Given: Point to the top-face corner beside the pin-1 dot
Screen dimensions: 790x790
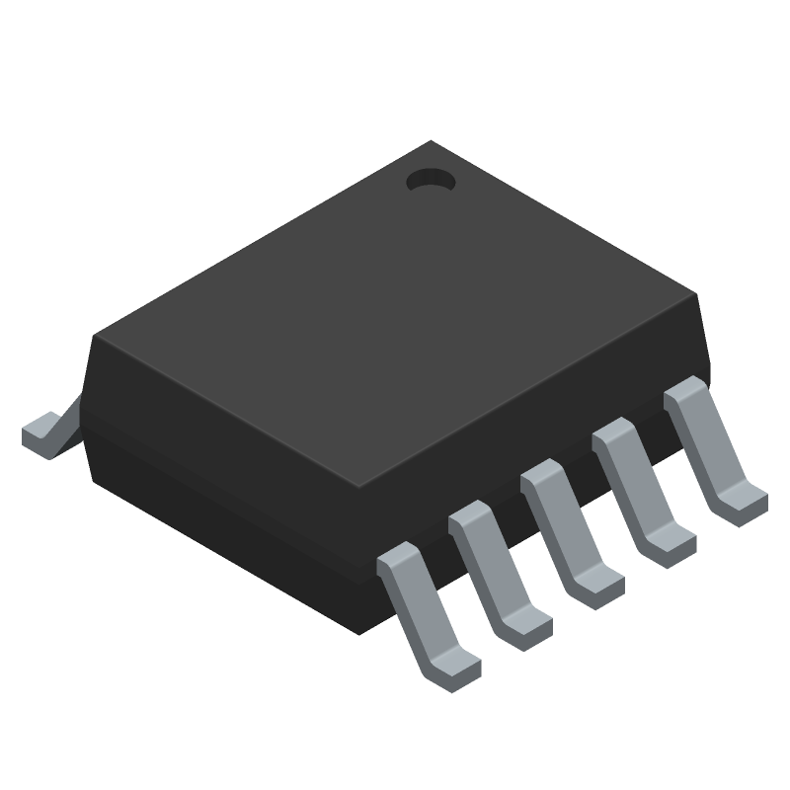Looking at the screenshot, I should tap(431, 144).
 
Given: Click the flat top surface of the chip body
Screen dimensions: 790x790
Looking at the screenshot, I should tap(395, 316).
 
